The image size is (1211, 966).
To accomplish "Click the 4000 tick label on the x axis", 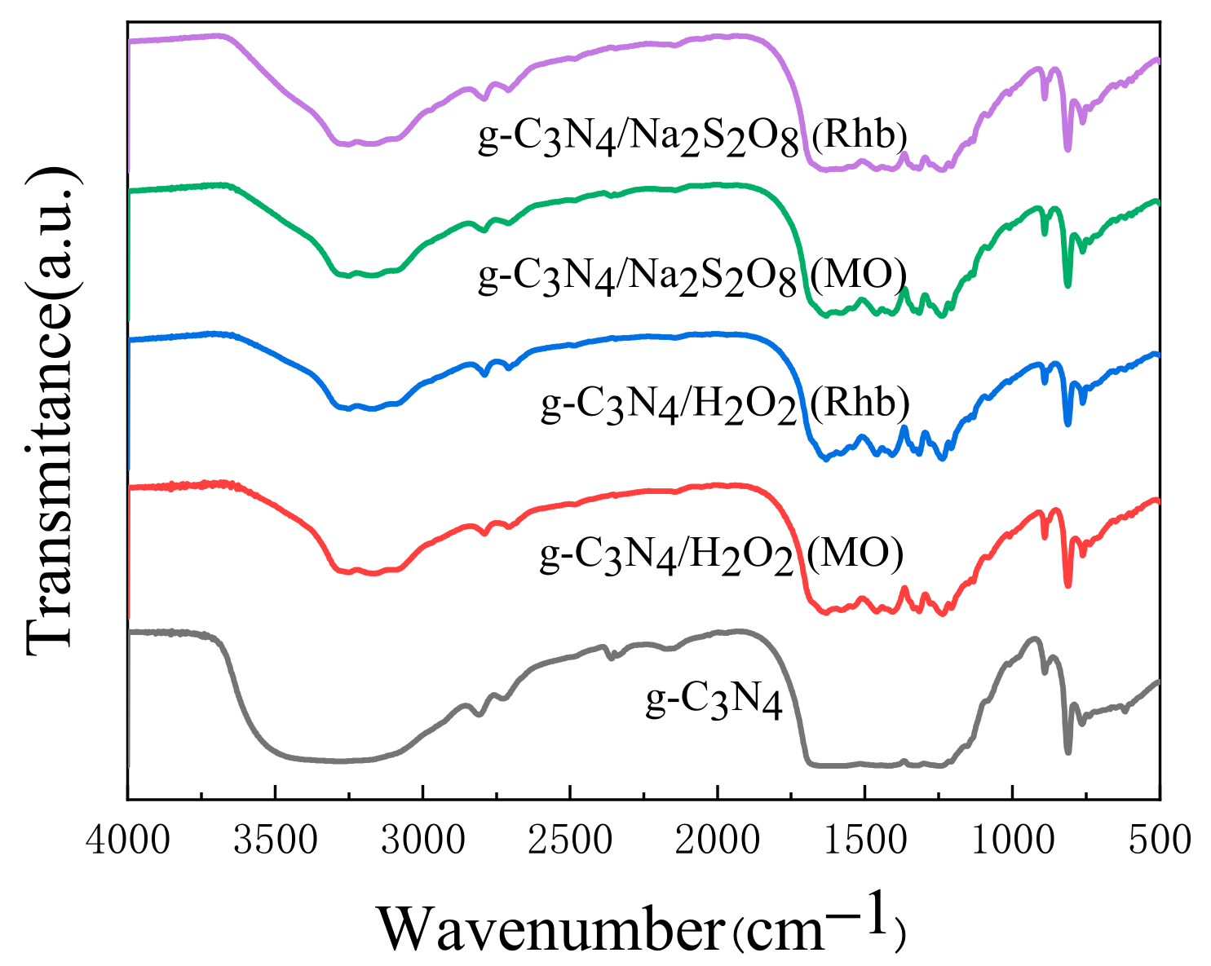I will point(128,840).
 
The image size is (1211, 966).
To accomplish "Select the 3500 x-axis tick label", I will point(276,840).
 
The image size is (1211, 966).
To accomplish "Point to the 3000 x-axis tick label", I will point(423,840).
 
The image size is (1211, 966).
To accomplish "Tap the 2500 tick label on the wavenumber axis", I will point(570,840).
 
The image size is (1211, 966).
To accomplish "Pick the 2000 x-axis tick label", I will point(718,840).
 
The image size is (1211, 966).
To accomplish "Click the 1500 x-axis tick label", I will point(865,840).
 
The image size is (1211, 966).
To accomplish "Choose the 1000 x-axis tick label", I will point(1012,840).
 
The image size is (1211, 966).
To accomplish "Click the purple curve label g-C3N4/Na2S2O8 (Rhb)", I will point(693,137).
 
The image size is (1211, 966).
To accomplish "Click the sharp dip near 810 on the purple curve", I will point(1068,148).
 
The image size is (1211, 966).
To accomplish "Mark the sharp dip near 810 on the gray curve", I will point(1068,752).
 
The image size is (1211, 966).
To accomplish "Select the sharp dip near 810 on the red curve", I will point(1068,585).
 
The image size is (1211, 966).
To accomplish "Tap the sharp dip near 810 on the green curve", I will point(1068,285).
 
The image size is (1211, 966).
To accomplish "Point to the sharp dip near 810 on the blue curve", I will point(1068,424).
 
